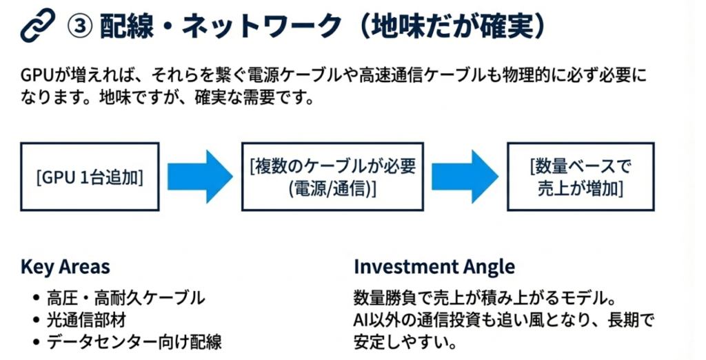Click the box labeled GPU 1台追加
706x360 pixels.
point(90,177)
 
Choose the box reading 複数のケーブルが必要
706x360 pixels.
point(332,177)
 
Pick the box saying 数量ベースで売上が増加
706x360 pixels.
point(581,177)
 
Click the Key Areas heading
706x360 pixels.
point(65,267)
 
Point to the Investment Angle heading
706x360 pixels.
point(434,267)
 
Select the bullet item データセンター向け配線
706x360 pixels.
point(134,341)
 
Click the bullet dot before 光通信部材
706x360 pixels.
point(36,321)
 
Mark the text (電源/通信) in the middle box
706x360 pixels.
point(332,188)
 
